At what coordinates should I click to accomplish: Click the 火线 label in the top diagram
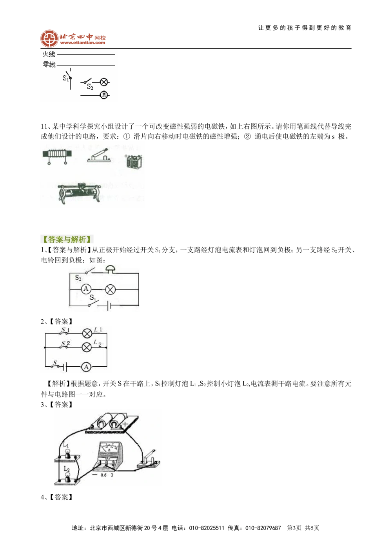pyautogui.click(x=49, y=55)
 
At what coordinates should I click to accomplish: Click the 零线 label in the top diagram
pyautogui.click(x=49, y=65)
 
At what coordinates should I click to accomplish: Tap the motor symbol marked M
pyautogui.click(x=104, y=95)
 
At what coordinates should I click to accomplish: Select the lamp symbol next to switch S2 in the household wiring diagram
pyautogui.click(x=104, y=82)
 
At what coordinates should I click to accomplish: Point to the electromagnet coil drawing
pyautogui.click(x=56, y=153)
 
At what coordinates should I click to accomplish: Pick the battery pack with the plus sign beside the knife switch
pyautogui.click(x=132, y=161)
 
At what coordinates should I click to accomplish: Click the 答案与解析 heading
pyautogui.click(x=65, y=240)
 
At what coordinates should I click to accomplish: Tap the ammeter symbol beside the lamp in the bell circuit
pyautogui.click(x=86, y=289)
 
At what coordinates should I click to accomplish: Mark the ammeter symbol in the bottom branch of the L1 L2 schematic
pyautogui.click(x=86, y=367)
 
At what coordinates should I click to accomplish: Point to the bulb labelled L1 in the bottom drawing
pyautogui.click(x=67, y=453)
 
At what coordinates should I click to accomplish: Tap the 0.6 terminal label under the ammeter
pyautogui.click(x=103, y=475)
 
